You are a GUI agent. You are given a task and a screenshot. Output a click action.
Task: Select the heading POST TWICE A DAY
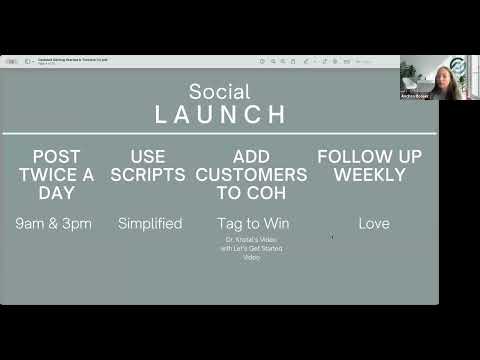pyautogui.click(x=56, y=174)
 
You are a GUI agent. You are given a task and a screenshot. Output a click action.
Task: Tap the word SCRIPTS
pyautogui.click(x=150, y=175)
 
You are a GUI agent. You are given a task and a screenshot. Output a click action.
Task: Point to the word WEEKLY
pyautogui.click(x=370, y=175)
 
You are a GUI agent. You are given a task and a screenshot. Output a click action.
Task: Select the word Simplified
pyautogui.click(x=150, y=223)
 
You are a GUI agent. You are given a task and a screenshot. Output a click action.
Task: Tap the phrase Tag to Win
pyautogui.click(x=253, y=223)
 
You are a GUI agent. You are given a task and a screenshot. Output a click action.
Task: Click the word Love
pyautogui.click(x=370, y=223)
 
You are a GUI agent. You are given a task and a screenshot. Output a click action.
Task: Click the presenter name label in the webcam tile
pyautogui.click(x=415, y=96)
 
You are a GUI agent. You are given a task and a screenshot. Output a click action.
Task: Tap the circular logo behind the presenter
pyautogui.click(x=457, y=65)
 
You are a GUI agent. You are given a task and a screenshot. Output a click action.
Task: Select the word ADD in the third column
pyautogui.click(x=252, y=157)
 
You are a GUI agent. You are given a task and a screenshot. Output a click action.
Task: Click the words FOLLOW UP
pyautogui.click(x=370, y=157)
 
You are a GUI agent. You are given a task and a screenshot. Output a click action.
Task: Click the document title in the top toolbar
pyautogui.click(x=73, y=59)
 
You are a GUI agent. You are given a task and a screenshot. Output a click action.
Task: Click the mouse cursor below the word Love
pyautogui.click(x=332, y=237)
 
